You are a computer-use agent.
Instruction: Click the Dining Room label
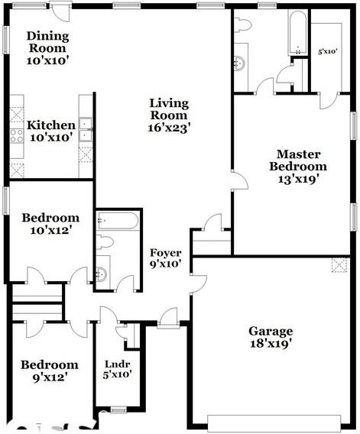47,42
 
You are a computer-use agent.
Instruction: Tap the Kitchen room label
51,131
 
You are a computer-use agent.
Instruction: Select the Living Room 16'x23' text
169,115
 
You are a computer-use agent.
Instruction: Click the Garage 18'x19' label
270,337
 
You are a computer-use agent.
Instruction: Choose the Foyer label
165,258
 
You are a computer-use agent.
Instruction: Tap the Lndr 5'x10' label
118,369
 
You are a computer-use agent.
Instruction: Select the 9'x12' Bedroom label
49,371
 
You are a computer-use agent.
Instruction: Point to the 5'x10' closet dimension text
328,52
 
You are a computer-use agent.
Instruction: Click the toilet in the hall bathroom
105,242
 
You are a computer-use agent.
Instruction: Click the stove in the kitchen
17,137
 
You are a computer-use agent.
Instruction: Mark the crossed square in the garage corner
339,265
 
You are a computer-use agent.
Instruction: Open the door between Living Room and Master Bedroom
239,180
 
